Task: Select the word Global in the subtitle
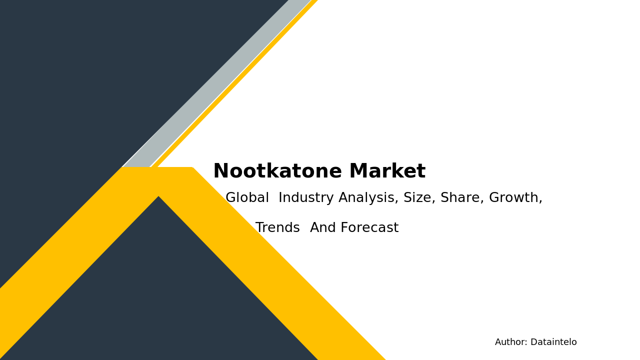(x=247, y=198)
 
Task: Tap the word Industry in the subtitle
(x=306, y=198)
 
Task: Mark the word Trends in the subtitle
(x=277, y=228)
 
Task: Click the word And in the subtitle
(x=323, y=228)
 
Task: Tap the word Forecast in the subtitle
(x=369, y=228)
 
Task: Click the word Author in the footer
(x=510, y=342)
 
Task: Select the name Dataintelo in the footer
(x=553, y=342)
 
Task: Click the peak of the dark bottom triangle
(x=158, y=198)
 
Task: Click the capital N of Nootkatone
(x=220, y=171)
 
